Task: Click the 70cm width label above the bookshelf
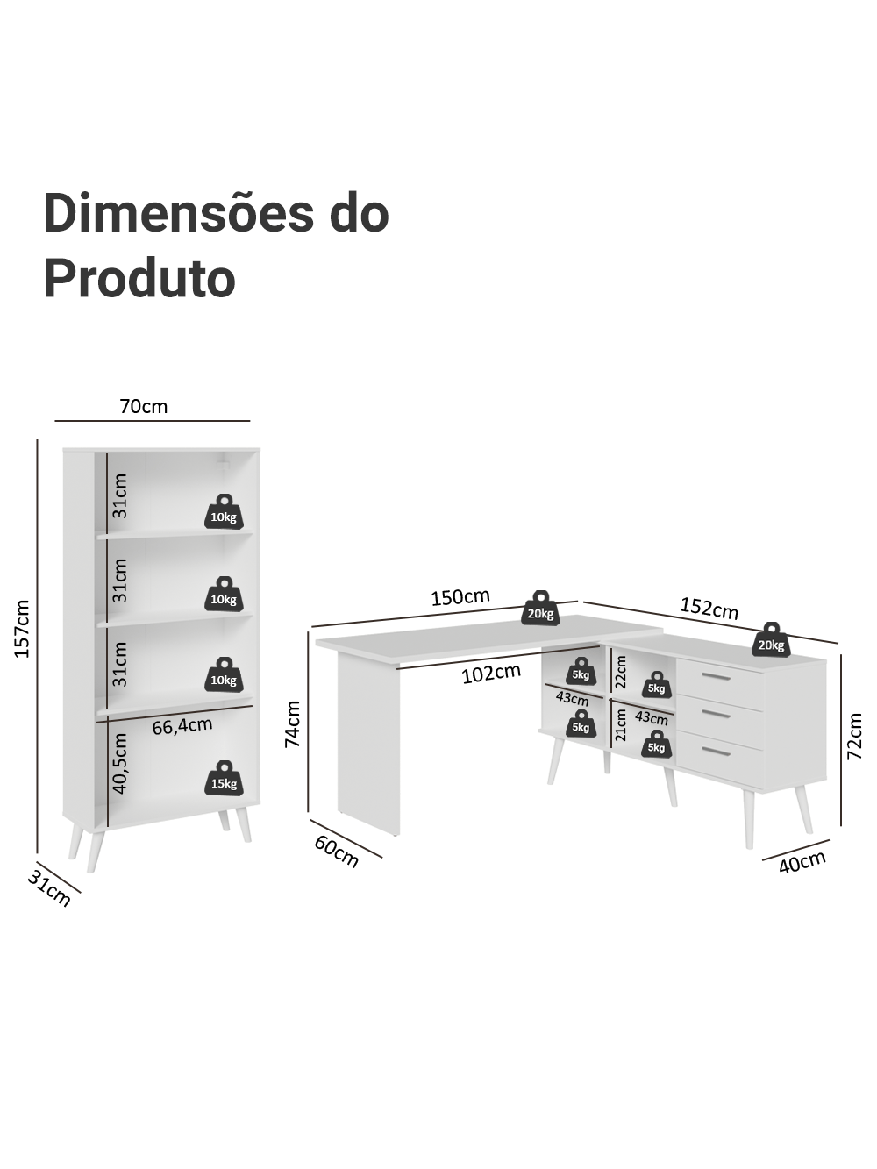point(143,407)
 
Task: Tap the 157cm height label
point(22,629)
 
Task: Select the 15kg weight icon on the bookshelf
point(224,778)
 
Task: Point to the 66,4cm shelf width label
point(182,726)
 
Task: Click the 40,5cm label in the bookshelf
point(120,764)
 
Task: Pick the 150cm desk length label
point(460,597)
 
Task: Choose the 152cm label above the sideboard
point(709,609)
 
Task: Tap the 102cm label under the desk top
point(490,674)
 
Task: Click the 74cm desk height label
point(292,724)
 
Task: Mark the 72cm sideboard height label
point(853,737)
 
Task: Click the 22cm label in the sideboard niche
point(620,672)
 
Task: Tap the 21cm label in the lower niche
point(620,725)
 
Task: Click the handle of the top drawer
point(717,677)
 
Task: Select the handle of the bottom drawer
point(717,751)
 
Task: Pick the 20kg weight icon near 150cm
point(540,608)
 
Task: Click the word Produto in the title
point(139,278)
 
